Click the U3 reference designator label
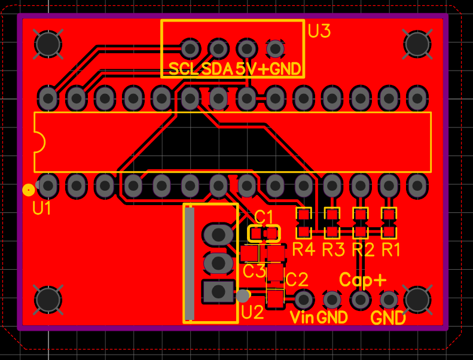[319, 31]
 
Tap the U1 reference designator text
[42, 208]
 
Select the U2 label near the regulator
[253, 312]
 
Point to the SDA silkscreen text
[218, 69]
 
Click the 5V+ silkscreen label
[252, 69]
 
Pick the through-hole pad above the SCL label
[190, 48]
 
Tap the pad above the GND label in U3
[275, 48]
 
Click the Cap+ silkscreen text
[363, 280]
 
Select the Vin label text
[302, 317]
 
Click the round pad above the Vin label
[303, 300]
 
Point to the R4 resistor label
[304, 249]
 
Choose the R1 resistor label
[391, 249]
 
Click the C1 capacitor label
[264, 217]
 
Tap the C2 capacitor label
[297, 279]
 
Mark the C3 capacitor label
[254, 271]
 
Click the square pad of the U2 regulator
[218, 291]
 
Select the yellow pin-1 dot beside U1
[29, 190]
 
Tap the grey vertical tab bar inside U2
[190, 264]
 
